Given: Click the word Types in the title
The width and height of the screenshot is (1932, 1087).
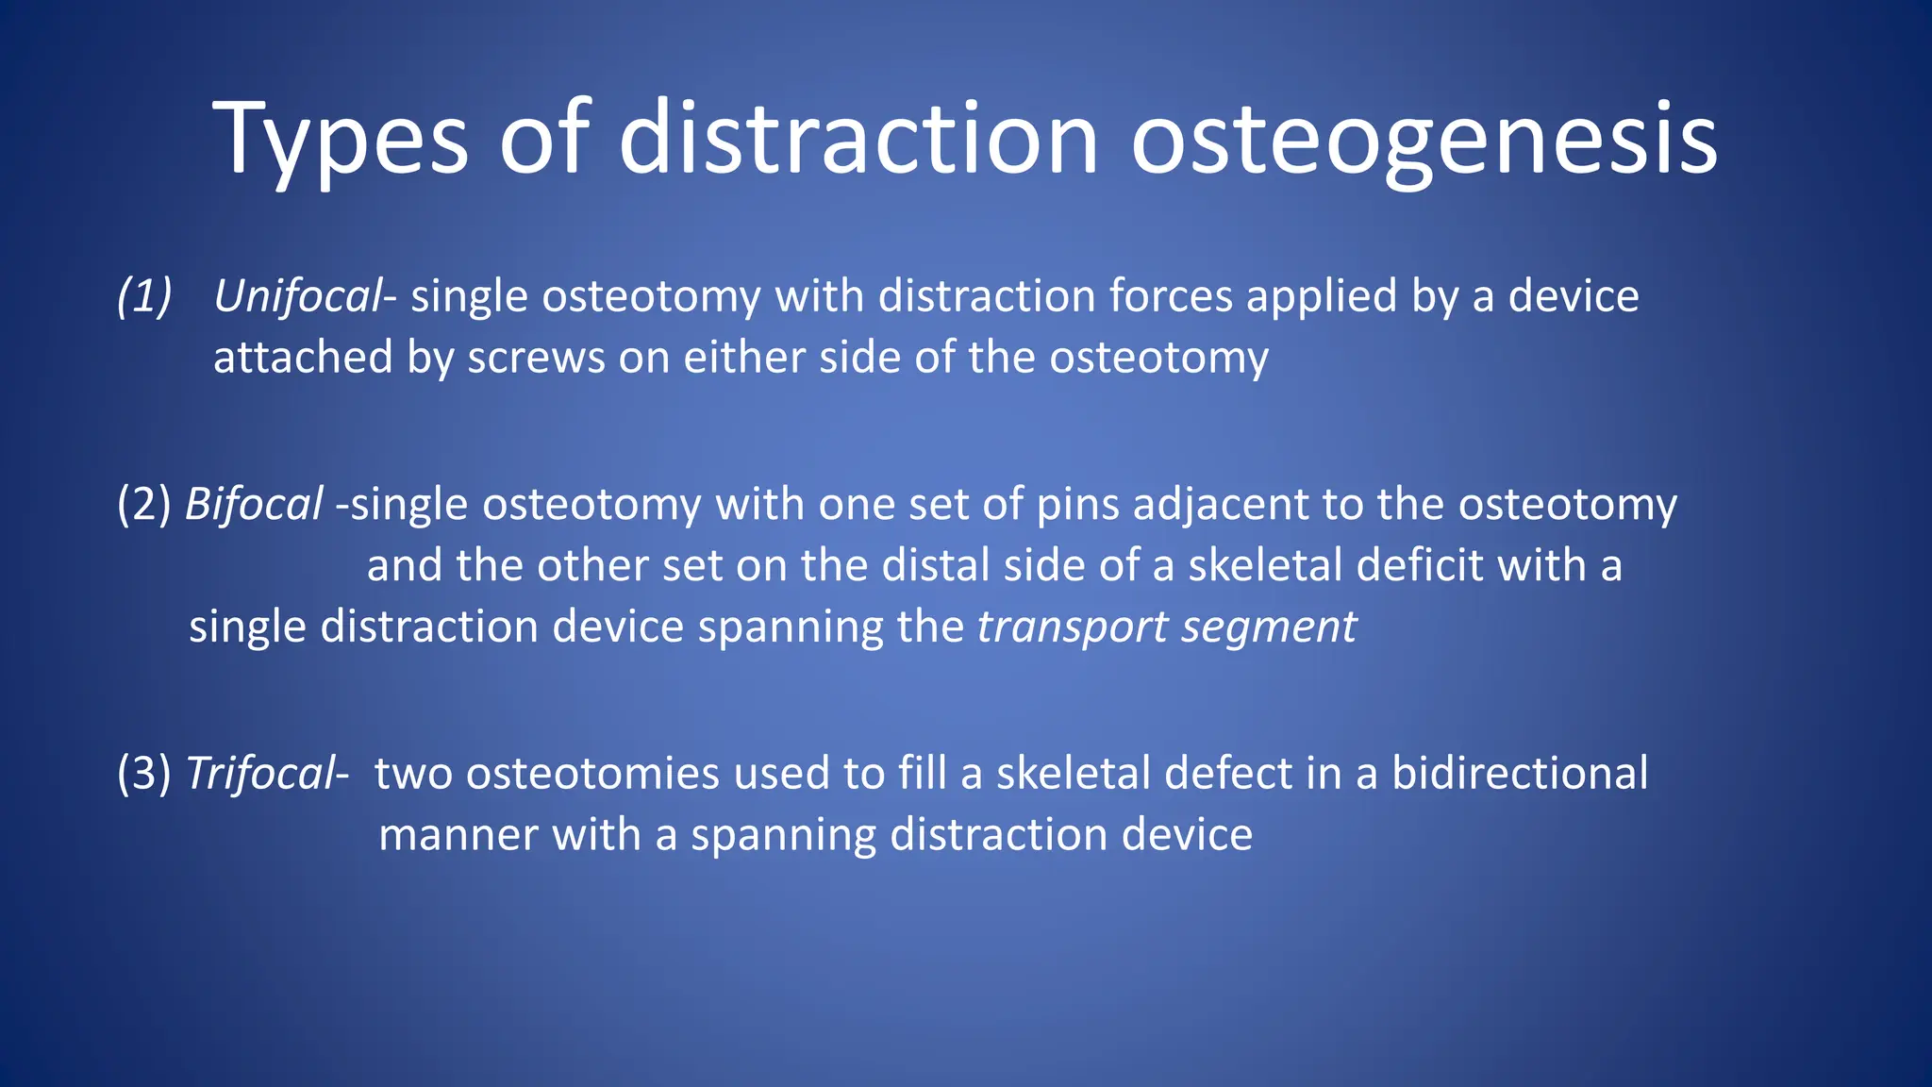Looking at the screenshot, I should tap(340, 142).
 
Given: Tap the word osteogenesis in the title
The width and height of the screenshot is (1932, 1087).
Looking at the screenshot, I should tap(1424, 142).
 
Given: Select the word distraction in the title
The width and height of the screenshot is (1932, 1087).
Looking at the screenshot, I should tap(858, 142).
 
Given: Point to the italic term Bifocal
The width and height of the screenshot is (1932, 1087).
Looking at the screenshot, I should tap(254, 504).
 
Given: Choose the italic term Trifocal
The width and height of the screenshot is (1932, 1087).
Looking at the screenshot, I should tap(261, 773).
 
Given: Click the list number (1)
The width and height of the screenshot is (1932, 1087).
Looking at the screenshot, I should tap(144, 296).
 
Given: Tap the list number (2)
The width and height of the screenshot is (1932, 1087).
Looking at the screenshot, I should tap(144, 504).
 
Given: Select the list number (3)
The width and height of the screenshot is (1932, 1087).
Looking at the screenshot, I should tap(144, 773).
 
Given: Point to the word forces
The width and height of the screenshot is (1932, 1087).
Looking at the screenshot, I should tap(1171, 296).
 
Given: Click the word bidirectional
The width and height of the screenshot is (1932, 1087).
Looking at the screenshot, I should tap(1520, 773).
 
